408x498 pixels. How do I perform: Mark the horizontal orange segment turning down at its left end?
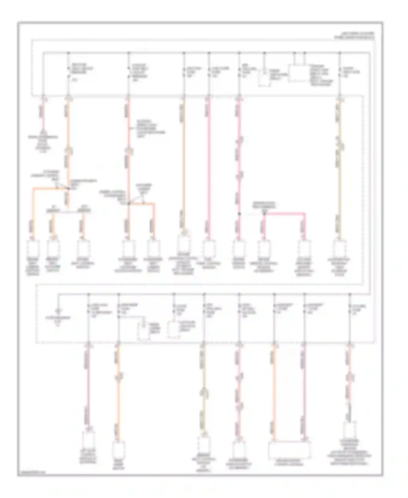[x=50, y=188]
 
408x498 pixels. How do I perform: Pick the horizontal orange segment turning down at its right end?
[x=141, y=203]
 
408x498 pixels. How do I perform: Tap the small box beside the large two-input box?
[x=264, y=79]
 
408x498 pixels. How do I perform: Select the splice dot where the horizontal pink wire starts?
[x=264, y=214]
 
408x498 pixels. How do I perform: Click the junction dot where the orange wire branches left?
[x=68, y=188]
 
